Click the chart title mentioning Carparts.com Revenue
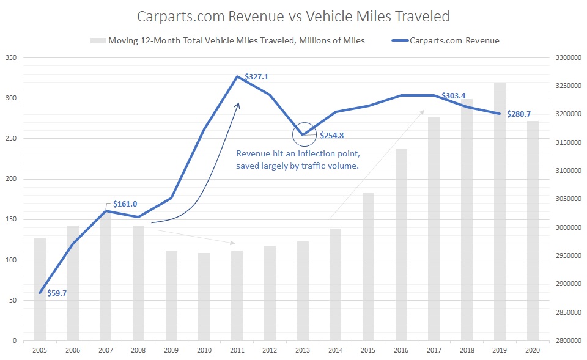(x=294, y=17)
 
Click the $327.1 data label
(x=256, y=77)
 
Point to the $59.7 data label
(x=56, y=293)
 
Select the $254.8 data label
(x=333, y=135)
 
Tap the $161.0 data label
(x=125, y=204)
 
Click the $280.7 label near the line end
(x=519, y=114)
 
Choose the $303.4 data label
(x=454, y=95)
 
